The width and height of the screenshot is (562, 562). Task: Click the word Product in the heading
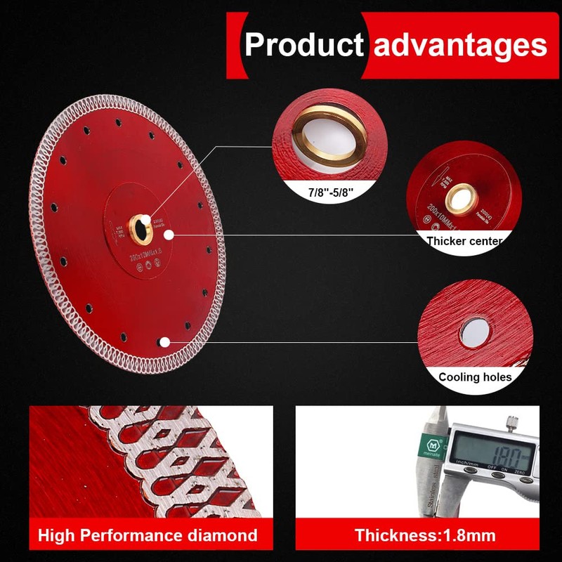click(x=303, y=44)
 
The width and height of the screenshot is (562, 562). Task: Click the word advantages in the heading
click(x=460, y=44)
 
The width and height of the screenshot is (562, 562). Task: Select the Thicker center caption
click(x=465, y=241)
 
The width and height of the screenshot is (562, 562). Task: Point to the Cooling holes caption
click(x=475, y=377)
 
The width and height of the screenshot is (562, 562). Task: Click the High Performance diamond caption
click(x=148, y=535)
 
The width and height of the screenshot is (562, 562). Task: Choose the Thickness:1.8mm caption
click(x=425, y=535)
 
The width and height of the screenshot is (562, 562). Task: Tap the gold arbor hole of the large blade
click(x=144, y=223)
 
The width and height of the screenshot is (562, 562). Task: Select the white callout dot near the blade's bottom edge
click(x=163, y=342)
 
